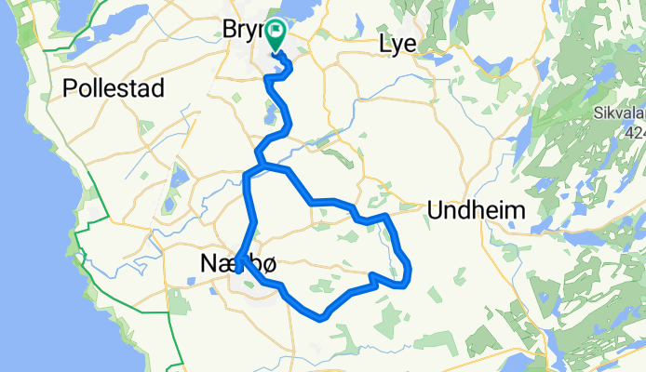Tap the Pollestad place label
(114, 89)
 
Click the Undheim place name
(476, 210)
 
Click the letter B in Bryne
(232, 31)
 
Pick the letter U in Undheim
(435, 210)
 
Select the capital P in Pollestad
(70, 89)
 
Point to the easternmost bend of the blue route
(409, 272)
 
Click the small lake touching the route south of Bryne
(271, 116)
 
